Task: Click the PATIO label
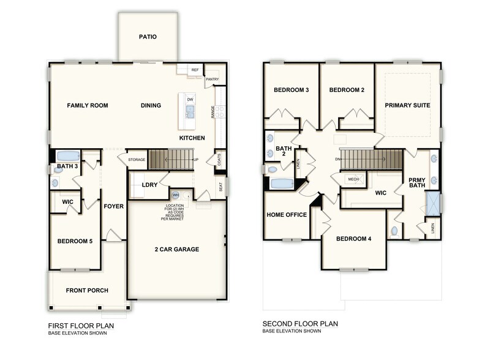tap(148, 37)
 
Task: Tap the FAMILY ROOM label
tap(88, 105)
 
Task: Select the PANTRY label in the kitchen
tap(212, 79)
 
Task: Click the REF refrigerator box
tap(195, 70)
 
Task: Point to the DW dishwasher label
tap(190, 99)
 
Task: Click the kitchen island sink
tap(190, 111)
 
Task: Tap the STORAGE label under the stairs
tap(137, 160)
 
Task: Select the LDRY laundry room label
tap(151, 184)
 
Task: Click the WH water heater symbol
tap(175, 196)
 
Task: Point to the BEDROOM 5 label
tap(75, 241)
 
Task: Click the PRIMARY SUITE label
tap(407, 105)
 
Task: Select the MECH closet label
tap(353, 179)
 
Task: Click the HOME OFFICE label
tap(286, 215)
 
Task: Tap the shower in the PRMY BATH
tap(434, 203)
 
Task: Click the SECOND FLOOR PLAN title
tap(300, 324)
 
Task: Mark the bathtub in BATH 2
tap(282, 183)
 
